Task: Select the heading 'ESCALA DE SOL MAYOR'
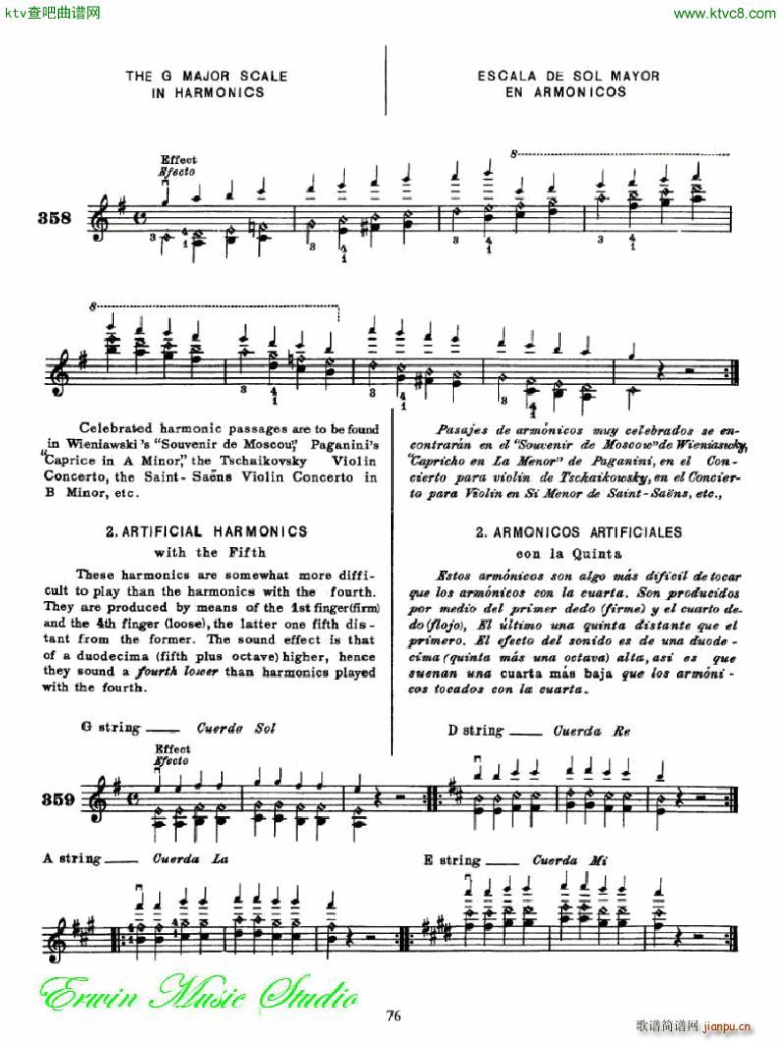[568, 76]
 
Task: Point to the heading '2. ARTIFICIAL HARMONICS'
[205, 531]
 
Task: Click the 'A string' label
[72, 857]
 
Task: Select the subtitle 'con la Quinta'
[577, 553]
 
